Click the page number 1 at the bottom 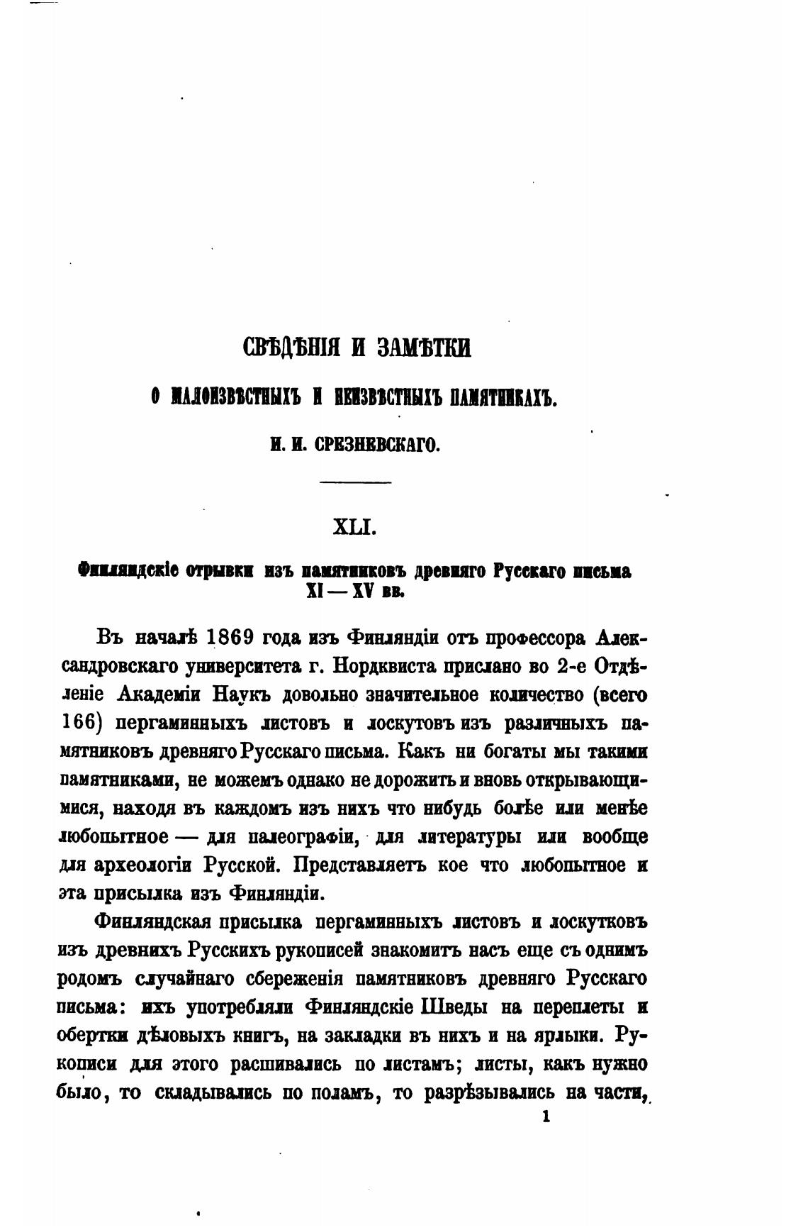point(546,1116)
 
